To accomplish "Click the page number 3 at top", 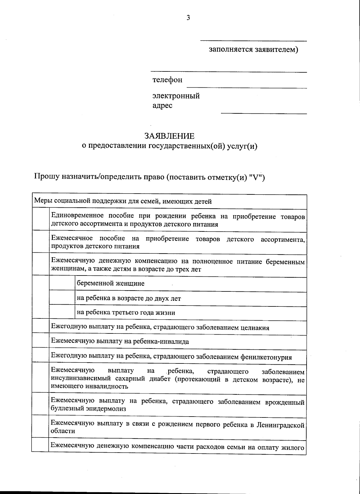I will [x=188, y=18].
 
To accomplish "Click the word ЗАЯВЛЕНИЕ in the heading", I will [x=169, y=136].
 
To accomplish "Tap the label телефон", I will [x=167, y=80].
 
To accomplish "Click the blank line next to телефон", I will [x=247, y=87].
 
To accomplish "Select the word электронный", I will [x=176, y=96].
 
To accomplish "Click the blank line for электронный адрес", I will [x=264, y=113].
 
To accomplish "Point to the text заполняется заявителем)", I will [x=253, y=50].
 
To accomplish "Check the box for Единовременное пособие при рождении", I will [x=40, y=220].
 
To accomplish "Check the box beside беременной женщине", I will [x=62, y=283].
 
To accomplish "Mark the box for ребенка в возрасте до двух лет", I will [x=62, y=298].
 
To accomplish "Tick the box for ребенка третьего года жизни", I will [x=62, y=313].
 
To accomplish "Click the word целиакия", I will [x=255, y=328].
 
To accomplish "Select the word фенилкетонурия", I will [x=266, y=357].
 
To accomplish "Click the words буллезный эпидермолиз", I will [x=88, y=409].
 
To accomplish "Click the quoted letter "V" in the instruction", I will [x=256, y=177].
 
